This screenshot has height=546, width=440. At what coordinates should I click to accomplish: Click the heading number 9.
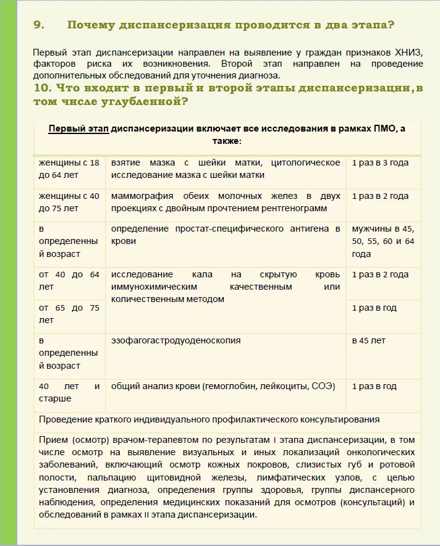click(38, 25)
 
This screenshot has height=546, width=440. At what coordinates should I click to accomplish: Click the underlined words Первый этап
click(82, 129)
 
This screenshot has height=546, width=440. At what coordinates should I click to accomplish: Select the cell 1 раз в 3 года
click(380, 163)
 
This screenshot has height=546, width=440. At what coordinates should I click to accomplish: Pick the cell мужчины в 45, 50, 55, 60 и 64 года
click(383, 241)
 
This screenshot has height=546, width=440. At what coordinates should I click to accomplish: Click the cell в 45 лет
click(368, 340)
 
